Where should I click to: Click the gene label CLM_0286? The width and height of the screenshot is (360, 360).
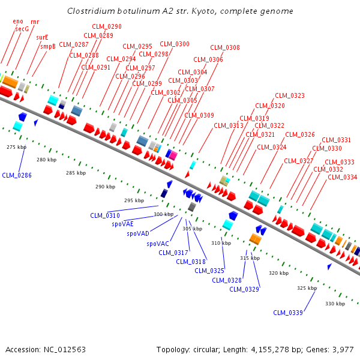pyautogui.click(x=17, y=175)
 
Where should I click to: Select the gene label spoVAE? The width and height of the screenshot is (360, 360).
pyautogui.click(x=123, y=224)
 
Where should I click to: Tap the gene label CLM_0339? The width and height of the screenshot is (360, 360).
pyautogui.click(x=288, y=313)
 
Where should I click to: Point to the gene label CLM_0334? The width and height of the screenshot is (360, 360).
pyautogui.click(x=342, y=177)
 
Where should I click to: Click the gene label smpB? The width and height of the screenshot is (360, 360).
pyautogui.click(x=48, y=46)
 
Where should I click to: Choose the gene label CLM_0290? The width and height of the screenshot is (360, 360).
pyautogui.click(x=107, y=27)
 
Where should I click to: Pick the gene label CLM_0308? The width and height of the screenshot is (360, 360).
pyautogui.click(x=225, y=48)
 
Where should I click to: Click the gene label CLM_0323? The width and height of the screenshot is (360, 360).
pyautogui.click(x=290, y=96)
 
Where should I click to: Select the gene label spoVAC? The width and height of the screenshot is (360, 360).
pyautogui.click(x=158, y=244)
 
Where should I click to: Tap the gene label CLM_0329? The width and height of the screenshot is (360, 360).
pyautogui.click(x=244, y=289)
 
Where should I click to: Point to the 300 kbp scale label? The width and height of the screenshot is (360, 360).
pyautogui.click(x=164, y=214)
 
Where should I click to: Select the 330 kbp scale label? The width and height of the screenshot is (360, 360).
pyautogui.click(x=335, y=304)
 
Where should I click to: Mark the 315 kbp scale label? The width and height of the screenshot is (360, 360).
pyautogui.click(x=250, y=258)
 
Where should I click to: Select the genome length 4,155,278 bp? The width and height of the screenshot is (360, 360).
pyautogui.click(x=275, y=349)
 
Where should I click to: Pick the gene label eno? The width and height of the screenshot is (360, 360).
pyautogui.click(x=18, y=21)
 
